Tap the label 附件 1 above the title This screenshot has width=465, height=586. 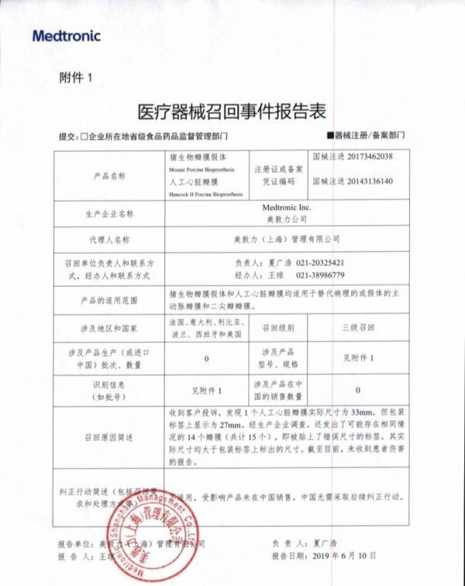[75, 78]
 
